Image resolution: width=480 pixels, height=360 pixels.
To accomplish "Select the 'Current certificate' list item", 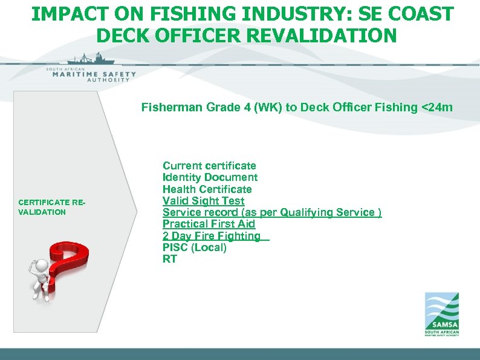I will point(209,166).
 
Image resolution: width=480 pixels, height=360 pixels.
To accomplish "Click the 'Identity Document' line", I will point(210,177).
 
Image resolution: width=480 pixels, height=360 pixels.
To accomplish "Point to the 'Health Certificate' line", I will point(207,189).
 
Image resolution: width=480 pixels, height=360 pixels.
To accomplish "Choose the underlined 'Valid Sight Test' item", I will point(203,201).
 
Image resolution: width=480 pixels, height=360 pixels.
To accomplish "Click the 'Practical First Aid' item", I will point(209,224).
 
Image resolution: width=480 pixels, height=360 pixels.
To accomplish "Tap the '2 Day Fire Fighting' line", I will point(212,236).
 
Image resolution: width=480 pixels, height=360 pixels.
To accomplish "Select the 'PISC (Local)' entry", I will point(194,247).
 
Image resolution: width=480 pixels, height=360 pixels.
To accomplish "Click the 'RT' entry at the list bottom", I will point(169,259).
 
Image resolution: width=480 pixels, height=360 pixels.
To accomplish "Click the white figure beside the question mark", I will point(41,278).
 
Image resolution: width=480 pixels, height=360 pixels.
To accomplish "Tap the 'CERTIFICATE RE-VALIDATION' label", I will point(52,207).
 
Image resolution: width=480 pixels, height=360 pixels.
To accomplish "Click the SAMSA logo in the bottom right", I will point(441,314).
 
